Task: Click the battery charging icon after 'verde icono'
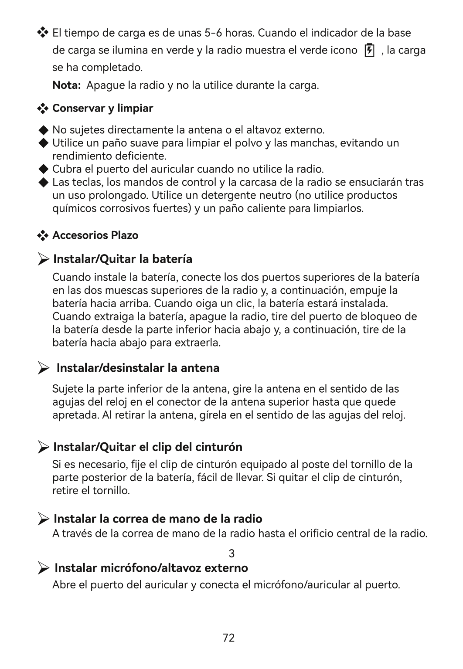coord(369,51)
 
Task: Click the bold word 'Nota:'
coord(66,85)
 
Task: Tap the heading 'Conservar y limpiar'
coord(102,108)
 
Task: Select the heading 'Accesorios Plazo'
coord(95,235)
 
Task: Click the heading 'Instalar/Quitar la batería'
coord(123,259)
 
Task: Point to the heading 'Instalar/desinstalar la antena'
coord(138,368)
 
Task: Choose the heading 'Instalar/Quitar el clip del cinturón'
coord(147,447)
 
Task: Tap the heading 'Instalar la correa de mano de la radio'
coord(158,519)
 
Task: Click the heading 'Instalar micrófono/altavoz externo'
coord(151,568)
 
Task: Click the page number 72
coord(228,638)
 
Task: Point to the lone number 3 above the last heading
coord(231,554)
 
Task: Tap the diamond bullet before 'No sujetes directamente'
coord(43,130)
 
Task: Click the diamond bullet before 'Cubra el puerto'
coord(43,169)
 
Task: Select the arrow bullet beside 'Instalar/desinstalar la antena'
coord(43,369)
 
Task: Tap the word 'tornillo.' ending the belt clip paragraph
coord(111,491)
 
